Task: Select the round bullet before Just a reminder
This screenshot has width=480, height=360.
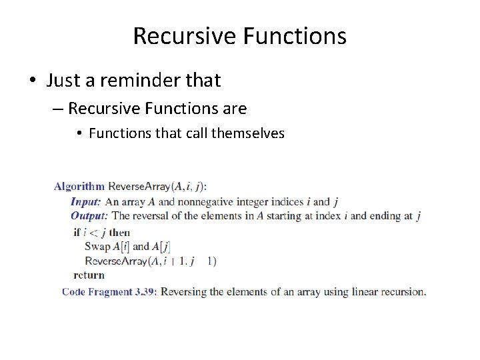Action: coord(33,81)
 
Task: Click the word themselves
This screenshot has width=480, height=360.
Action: coord(248,133)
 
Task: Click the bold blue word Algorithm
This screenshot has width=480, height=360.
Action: coord(79,186)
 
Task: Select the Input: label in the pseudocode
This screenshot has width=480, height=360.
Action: coord(86,201)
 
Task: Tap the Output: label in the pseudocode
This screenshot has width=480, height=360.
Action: coord(89,215)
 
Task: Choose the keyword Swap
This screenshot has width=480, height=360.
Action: coord(97,247)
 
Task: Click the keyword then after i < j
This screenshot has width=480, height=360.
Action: coord(119,232)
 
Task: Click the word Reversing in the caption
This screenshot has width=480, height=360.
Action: coord(184,291)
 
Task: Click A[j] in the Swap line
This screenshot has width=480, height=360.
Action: coord(161,247)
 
